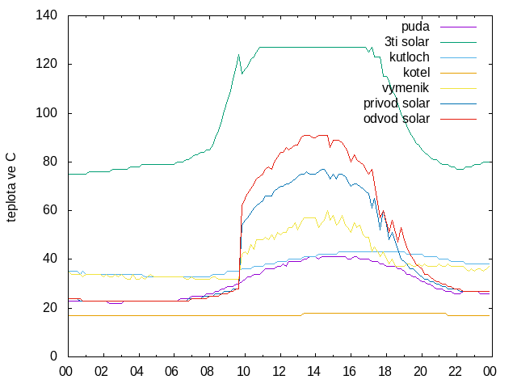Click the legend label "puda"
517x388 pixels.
[415, 27]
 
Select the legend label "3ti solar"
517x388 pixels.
[407, 42]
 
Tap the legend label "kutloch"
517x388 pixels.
[410, 57]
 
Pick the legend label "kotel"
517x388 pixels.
[417, 73]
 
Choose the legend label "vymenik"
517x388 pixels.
[406, 88]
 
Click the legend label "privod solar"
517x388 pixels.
[397, 103]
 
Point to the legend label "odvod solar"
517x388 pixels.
[397, 119]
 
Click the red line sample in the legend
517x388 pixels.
[458, 119]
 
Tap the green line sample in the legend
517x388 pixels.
[458, 42]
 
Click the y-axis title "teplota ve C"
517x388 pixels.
[11, 188]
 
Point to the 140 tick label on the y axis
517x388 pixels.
[47, 15]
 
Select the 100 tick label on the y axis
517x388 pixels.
[47, 113]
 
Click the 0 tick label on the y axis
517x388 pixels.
[53, 356]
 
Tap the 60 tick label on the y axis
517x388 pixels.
[50, 210]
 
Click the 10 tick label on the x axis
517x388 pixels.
[243, 372]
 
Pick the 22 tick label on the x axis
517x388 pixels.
[455, 372]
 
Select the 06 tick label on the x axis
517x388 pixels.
[172, 372]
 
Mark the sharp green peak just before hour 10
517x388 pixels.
[238, 55]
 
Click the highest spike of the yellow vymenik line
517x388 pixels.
[327, 211]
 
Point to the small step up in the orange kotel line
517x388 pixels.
[302, 314]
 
